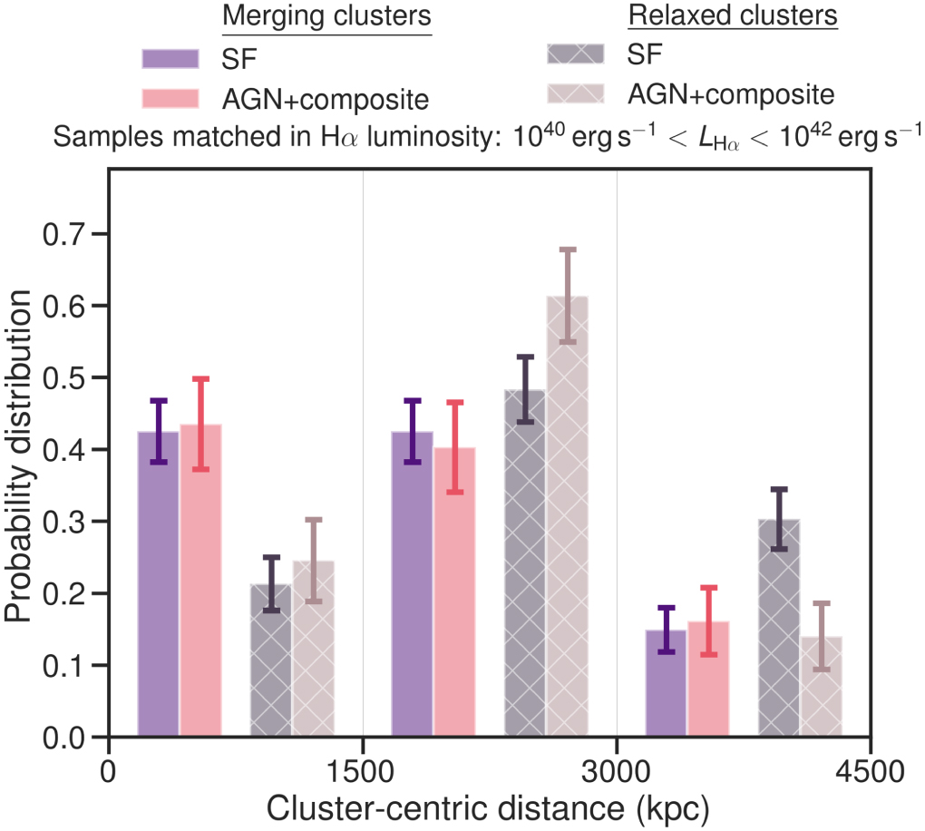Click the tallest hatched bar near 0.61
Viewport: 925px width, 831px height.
pyautogui.click(x=568, y=517)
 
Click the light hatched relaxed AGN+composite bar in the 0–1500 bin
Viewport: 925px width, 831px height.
pyautogui.click(x=313, y=649)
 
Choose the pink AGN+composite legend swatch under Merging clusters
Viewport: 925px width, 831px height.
pyautogui.click(x=170, y=97)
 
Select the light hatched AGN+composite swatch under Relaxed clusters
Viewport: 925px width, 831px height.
pyautogui.click(x=577, y=93)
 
